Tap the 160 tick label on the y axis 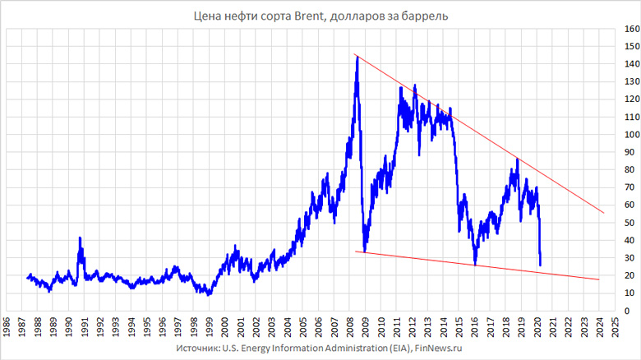[x=630, y=29]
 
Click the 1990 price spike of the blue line [x=80, y=238]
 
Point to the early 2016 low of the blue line [x=475, y=265]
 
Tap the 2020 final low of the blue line [x=540, y=265]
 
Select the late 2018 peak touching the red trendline [x=517, y=159]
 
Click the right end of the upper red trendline [x=604, y=213]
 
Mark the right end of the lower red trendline [x=600, y=279]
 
